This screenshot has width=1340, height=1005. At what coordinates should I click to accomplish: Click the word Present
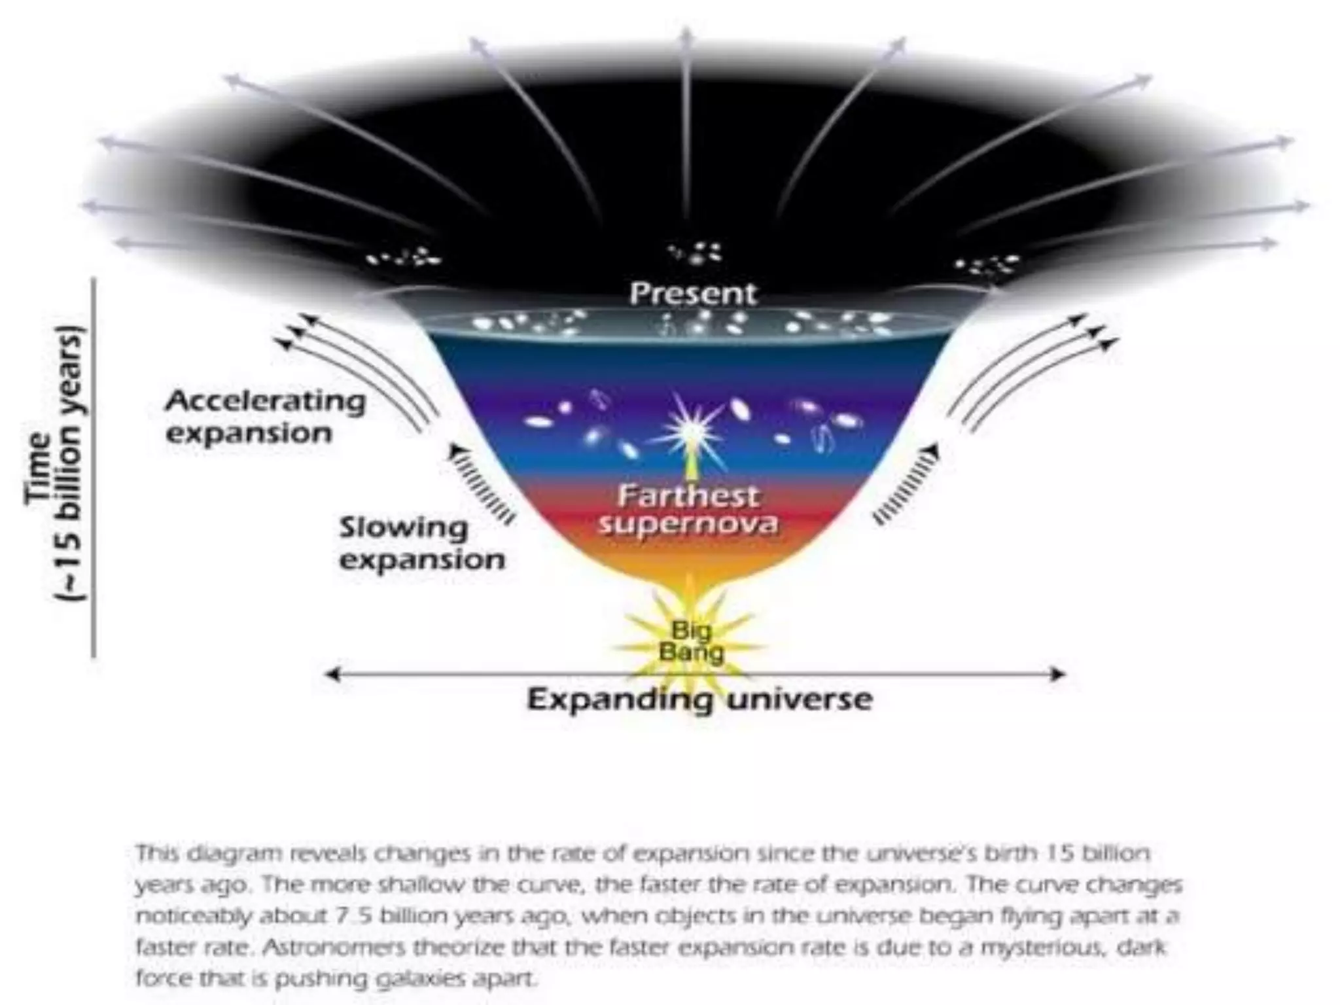coord(692,294)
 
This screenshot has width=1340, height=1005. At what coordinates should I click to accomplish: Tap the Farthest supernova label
coord(688,510)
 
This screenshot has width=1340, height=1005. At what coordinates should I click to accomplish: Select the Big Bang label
coord(691,642)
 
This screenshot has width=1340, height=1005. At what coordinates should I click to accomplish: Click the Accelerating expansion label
coord(264,417)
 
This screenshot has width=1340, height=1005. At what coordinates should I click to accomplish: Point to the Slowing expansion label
coord(421,544)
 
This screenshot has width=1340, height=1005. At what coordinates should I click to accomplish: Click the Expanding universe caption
coord(699,699)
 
